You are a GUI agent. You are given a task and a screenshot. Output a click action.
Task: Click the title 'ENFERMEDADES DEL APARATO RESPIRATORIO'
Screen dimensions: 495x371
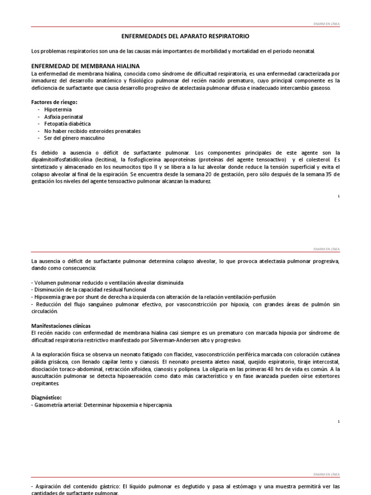(185, 36)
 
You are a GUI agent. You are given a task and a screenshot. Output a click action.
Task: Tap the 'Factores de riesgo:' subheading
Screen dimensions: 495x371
(54, 102)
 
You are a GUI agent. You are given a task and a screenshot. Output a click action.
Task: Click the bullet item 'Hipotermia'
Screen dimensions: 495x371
(57, 110)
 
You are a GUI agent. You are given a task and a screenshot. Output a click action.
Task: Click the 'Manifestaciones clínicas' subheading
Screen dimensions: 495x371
(60, 326)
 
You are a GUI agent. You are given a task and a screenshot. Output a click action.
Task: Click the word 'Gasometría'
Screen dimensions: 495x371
(50, 404)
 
